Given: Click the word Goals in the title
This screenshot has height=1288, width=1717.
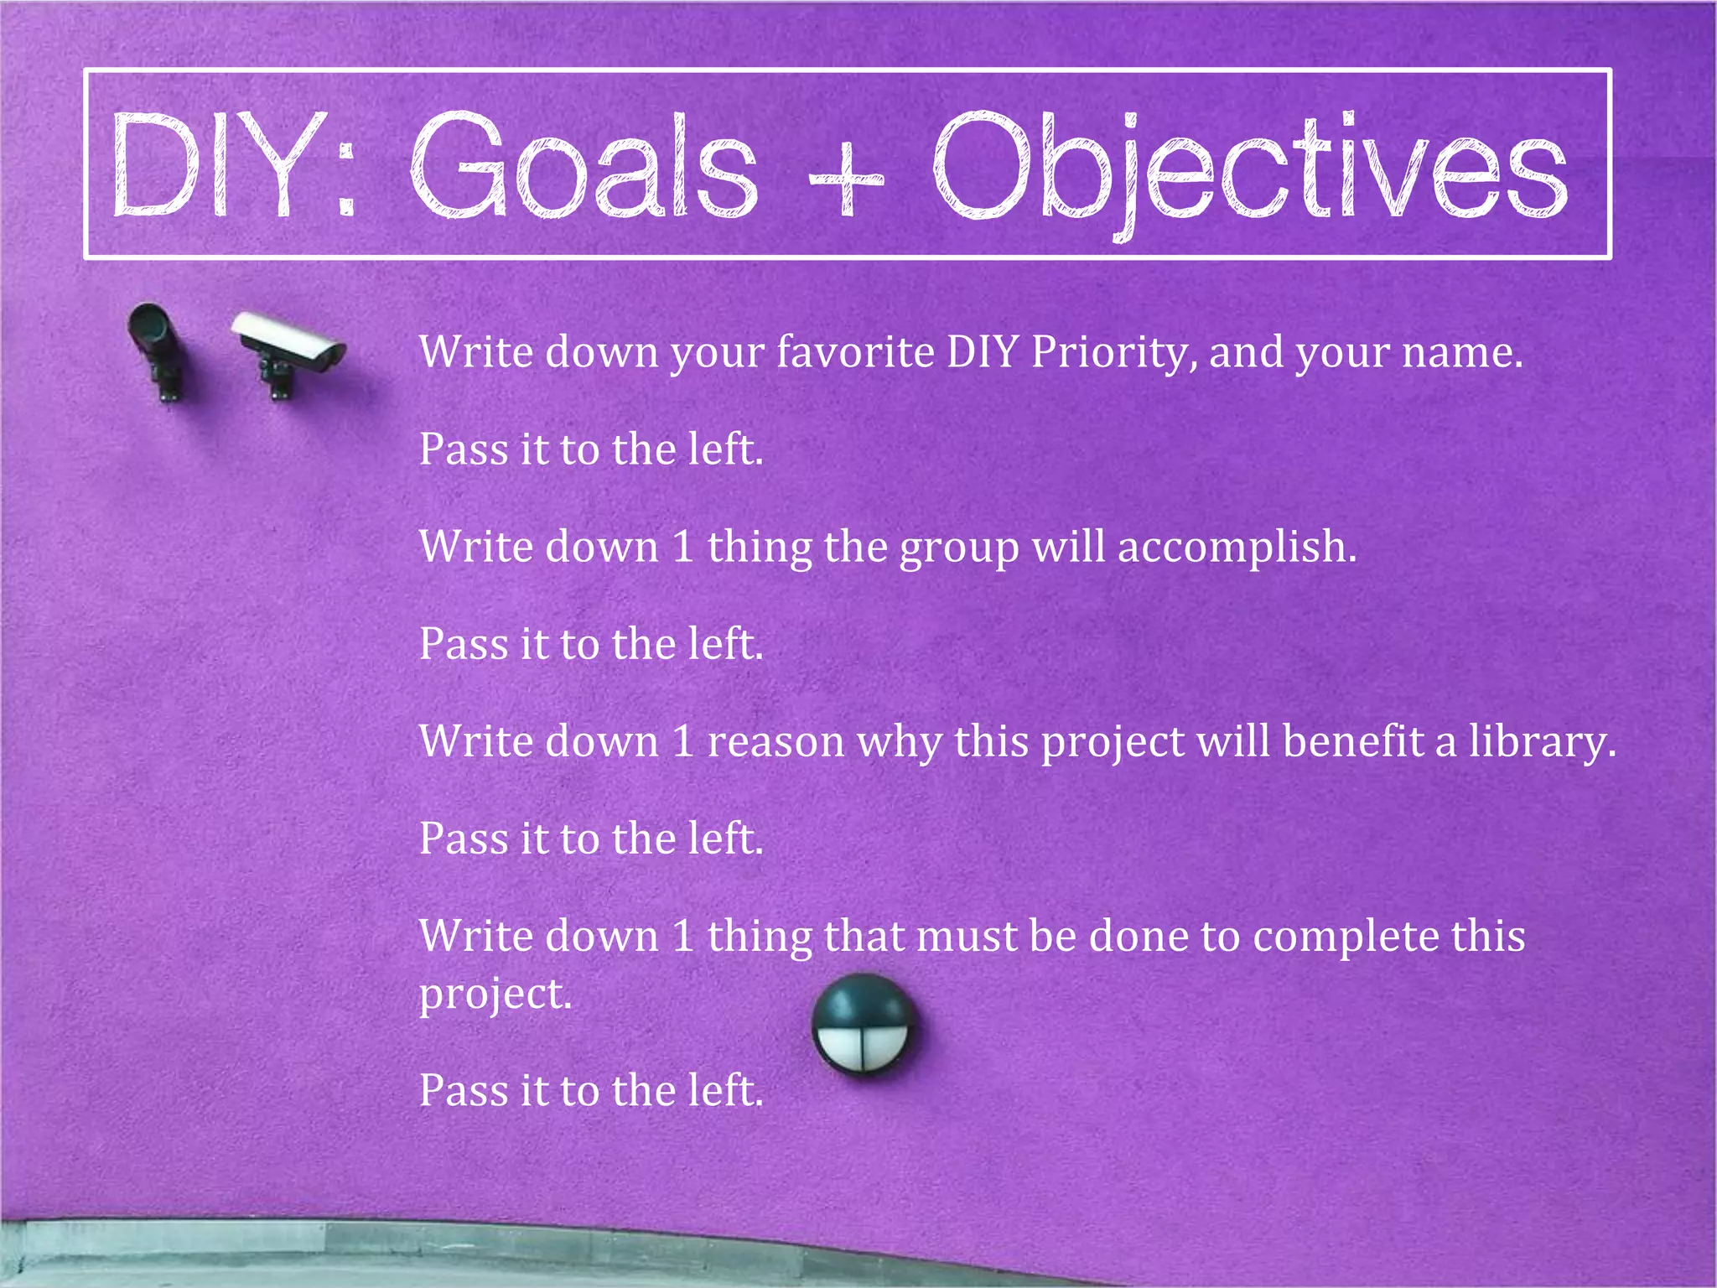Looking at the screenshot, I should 584,165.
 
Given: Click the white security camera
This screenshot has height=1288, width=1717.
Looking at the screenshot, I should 290,340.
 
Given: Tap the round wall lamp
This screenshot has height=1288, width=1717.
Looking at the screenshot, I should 863,1024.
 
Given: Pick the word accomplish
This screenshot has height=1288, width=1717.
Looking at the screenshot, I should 1236,548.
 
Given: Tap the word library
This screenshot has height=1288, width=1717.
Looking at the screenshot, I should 1541,743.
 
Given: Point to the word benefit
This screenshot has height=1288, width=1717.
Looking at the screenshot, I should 1353,741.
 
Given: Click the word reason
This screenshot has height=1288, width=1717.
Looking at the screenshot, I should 776,743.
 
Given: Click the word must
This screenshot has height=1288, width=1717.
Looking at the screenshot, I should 966,937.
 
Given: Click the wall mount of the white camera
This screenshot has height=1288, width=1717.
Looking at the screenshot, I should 278,377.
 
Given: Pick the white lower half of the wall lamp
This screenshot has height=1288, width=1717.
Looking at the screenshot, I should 863,1048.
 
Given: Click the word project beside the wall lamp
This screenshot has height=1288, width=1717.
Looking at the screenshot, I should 495,996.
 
